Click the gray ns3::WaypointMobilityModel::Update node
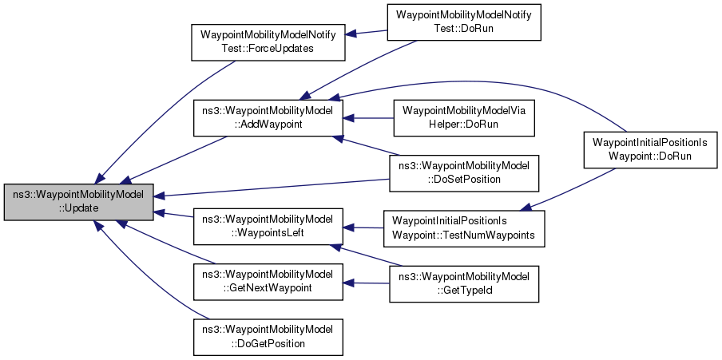(79, 202)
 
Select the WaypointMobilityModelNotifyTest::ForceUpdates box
(268, 42)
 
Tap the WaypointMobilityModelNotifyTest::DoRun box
(464, 22)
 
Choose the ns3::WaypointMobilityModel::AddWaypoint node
(268, 118)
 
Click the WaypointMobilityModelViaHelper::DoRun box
(464, 118)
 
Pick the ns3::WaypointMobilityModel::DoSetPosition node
(464, 173)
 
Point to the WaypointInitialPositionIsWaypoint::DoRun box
(650, 149)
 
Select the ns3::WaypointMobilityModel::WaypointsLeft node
(268, 227)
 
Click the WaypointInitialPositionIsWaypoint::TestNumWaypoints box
(464, 229)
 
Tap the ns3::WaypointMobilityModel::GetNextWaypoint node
(268, 283)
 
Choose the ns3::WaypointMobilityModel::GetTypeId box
(464, 284)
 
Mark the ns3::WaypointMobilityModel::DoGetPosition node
(268, 338)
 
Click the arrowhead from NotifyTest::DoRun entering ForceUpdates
(350, 34)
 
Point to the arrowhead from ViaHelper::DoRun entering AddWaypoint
(348, 118)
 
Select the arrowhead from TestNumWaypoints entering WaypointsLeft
(348, 227)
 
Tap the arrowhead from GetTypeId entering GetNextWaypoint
(348, 283)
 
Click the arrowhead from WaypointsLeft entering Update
(159, 212)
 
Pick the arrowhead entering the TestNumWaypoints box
(526, 208)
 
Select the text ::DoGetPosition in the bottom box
(268, 343)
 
